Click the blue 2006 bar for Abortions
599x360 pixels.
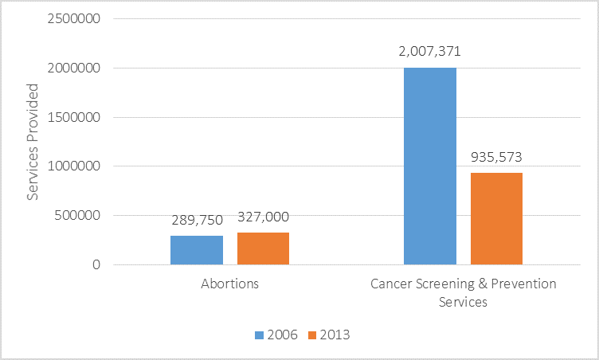pos(197,250)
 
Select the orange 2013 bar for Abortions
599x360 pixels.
pos(263,248)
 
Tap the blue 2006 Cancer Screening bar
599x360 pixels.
pos(430,166)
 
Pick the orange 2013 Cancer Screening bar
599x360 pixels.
pos(496,218)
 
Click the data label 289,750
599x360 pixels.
pos(197,221)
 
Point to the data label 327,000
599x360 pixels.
pos(264,217)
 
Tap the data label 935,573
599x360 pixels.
pos(496,157)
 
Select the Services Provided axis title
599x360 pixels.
pos(33,142)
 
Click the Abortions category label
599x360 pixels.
pos(230,284)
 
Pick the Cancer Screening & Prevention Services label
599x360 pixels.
pos(463,292)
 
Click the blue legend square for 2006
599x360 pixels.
pos(259,335)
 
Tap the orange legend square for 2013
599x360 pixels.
pos(312,335)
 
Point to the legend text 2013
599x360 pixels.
pos(335,335)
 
